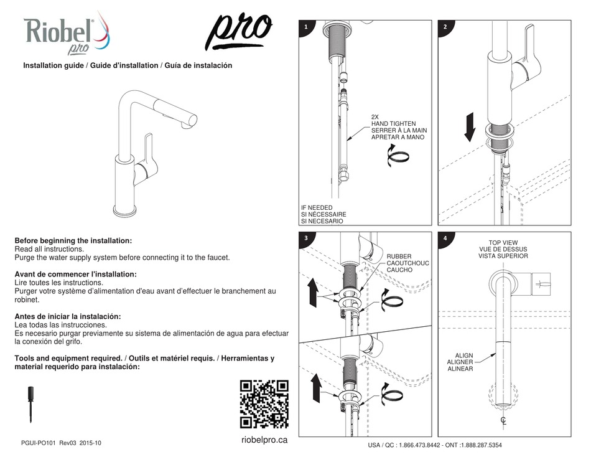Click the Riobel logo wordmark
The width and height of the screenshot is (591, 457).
point(59,29)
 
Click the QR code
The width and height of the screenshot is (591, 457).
point(264,404)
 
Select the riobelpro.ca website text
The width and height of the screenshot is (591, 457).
point(264,440)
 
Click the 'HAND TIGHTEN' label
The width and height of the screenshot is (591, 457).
point(393,124)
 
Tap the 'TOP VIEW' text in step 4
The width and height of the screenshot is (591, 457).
point(503,242)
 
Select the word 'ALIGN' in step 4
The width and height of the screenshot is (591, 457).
point(463,354)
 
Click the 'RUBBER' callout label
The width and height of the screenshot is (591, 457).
point(399,256)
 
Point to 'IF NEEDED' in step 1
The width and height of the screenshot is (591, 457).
point(317,208)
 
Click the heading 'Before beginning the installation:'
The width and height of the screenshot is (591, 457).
point(73,240)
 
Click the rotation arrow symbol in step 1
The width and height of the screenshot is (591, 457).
point(398,155)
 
